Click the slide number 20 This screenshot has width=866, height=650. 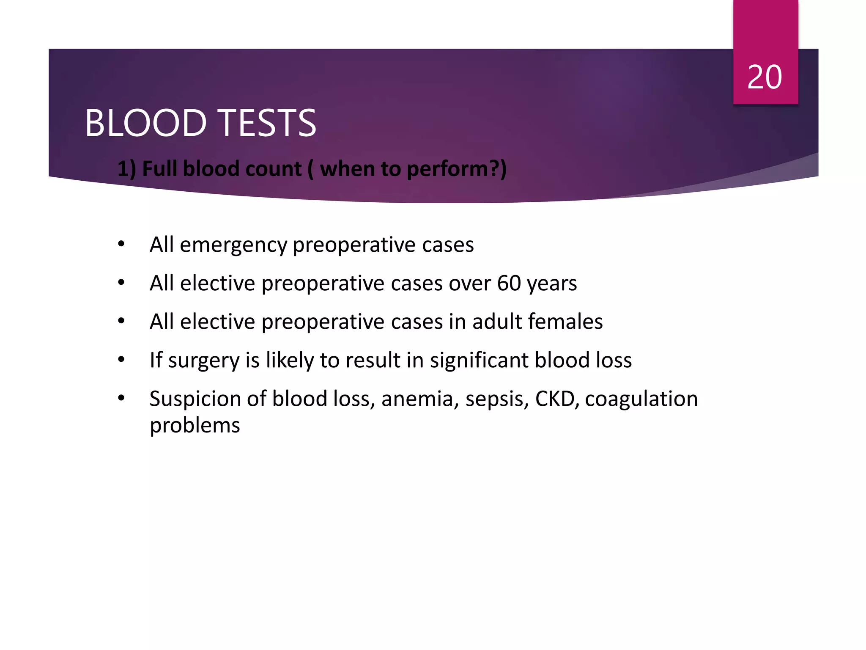[x=765, y=77]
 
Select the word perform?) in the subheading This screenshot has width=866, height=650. [x=457, y=169]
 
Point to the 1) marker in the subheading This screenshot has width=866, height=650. [x=126, y=169]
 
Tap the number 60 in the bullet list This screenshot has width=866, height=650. [x=509, y=283]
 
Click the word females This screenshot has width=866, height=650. [x=566, y=322]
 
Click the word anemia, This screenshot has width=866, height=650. [x=420, y=399]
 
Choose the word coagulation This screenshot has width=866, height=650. [x=641, y=399]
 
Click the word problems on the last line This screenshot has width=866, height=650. [x=195, y=426]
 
